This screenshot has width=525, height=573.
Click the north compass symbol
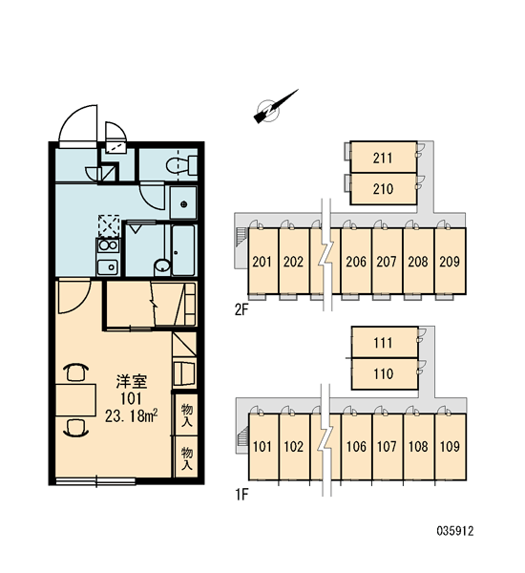275,107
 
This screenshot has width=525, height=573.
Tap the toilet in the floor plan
181,165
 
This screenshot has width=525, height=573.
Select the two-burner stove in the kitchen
108,245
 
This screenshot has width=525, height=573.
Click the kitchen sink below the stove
108,267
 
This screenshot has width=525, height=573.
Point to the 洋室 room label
132,381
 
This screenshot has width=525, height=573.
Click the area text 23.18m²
132,415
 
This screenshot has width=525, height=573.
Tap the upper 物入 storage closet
186,415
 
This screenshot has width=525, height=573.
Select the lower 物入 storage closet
186,457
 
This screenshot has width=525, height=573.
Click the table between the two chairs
75,400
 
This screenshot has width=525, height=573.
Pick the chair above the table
75,372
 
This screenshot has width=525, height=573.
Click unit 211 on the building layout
383,158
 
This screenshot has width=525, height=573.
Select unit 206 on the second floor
356,261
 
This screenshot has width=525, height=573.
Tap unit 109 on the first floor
451,446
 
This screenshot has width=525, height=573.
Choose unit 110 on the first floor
384,373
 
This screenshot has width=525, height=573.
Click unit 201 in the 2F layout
262,261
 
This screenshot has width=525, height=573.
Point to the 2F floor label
241,309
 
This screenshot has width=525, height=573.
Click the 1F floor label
241,495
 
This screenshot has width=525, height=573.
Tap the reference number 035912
455,531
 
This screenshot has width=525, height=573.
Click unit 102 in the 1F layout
294,446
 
